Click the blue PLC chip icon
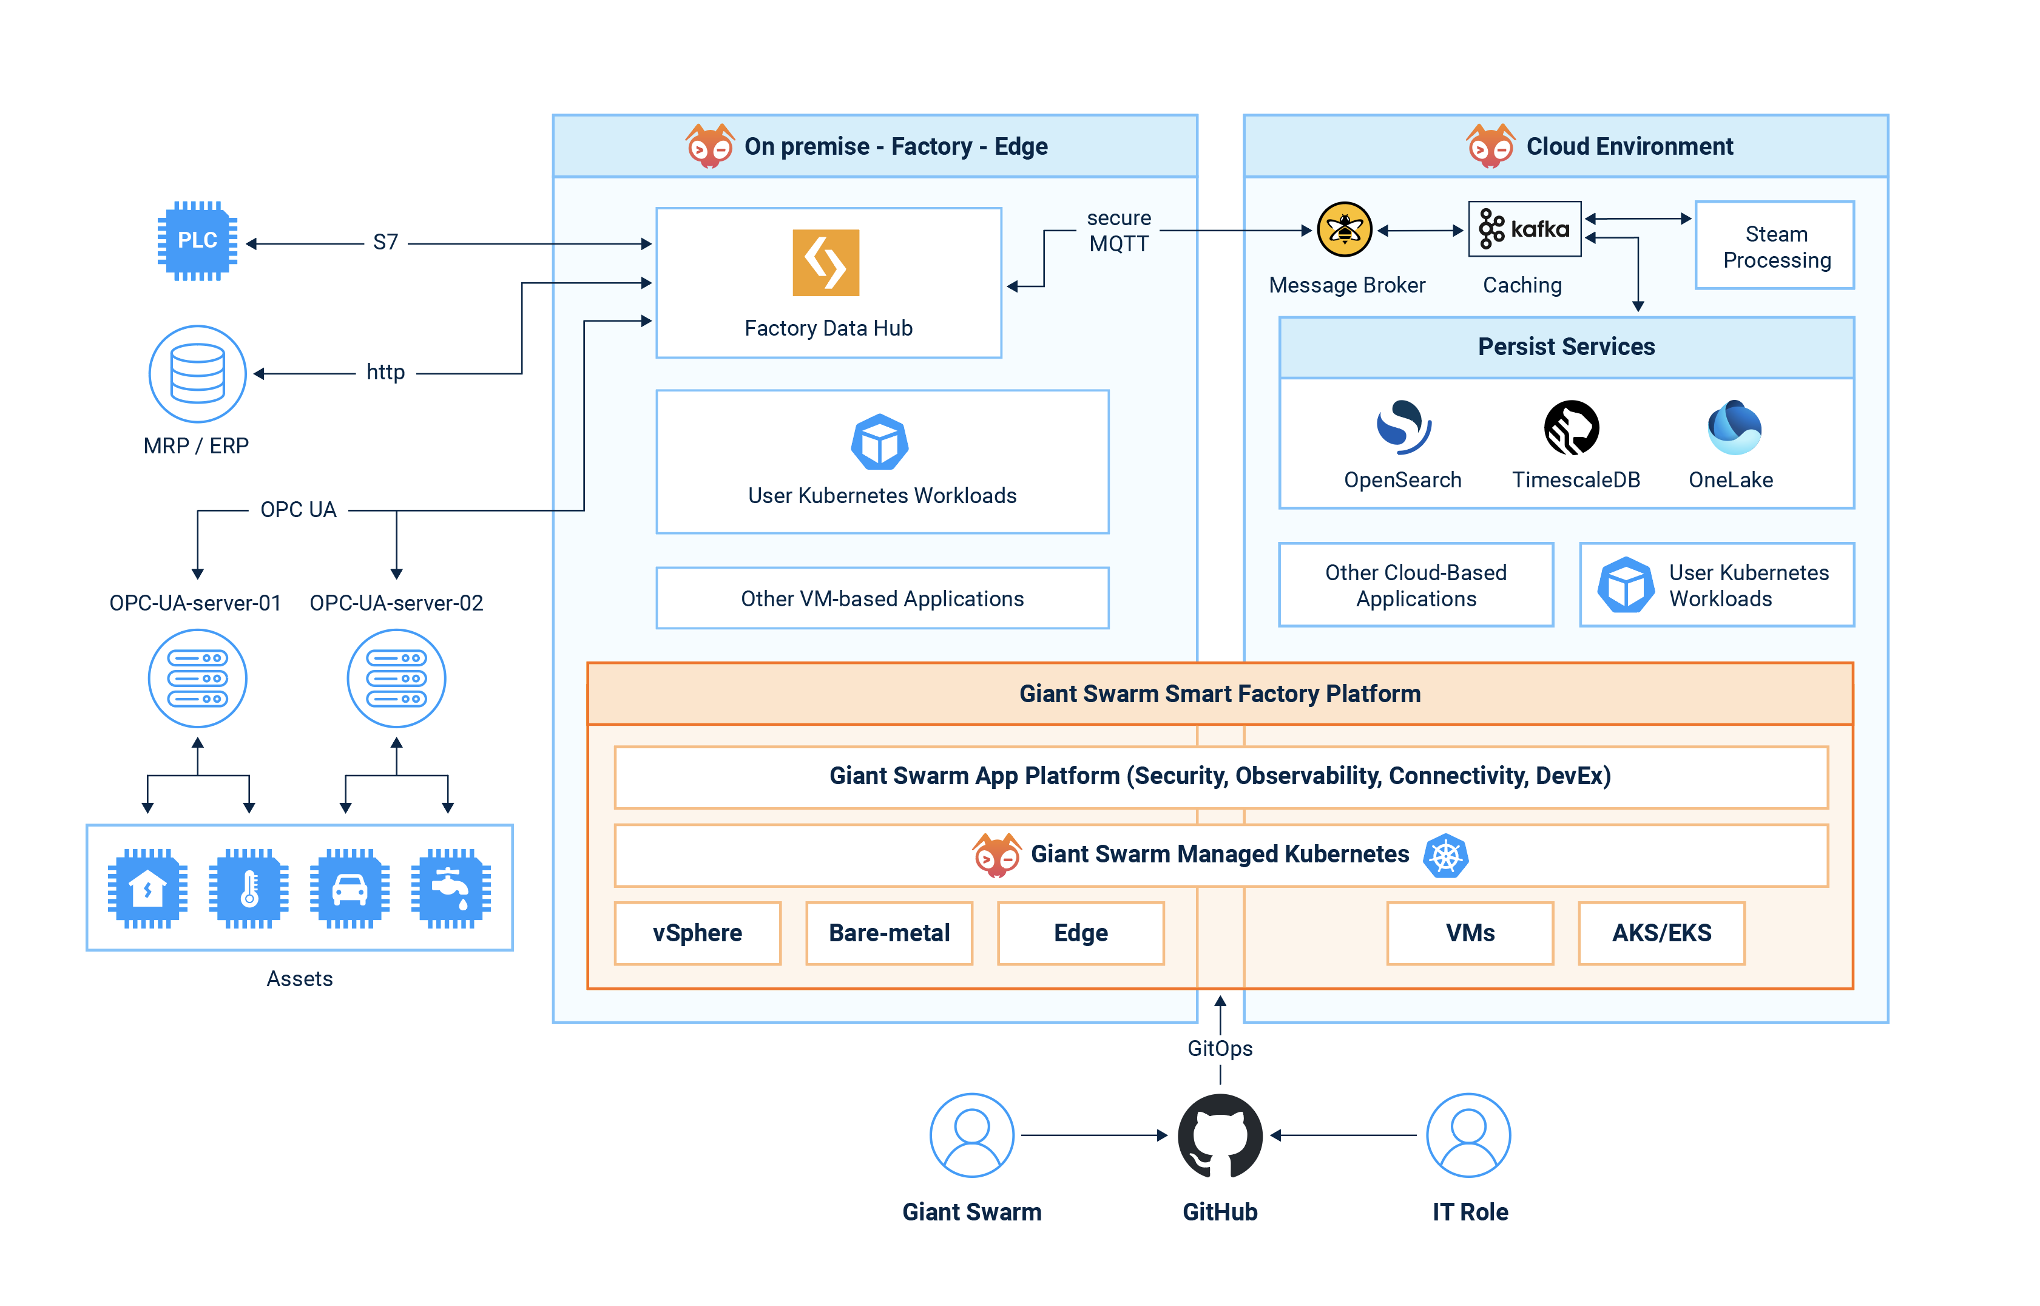(198, 241)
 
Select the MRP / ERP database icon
(198, 374)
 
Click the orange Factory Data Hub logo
(825, 263)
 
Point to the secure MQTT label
(1118, 231)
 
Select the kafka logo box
(1524, 229)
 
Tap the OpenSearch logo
(1403, 427)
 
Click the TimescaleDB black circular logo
(1571, 427)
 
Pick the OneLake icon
(1733, 427)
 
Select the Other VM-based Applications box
(882, 599)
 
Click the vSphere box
(697, 933)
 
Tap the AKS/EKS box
(1661, 933)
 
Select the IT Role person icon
(1468, 1135)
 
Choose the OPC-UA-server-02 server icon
(396, 678)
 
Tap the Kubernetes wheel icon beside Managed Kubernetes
(1445, 856)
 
